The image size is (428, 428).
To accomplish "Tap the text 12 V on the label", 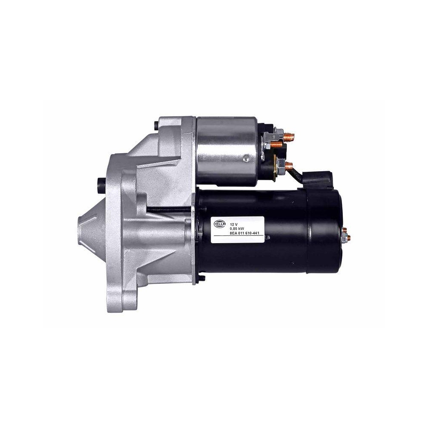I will (x=234, y=224).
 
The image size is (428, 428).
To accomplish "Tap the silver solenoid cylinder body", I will (x=225, y=150).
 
